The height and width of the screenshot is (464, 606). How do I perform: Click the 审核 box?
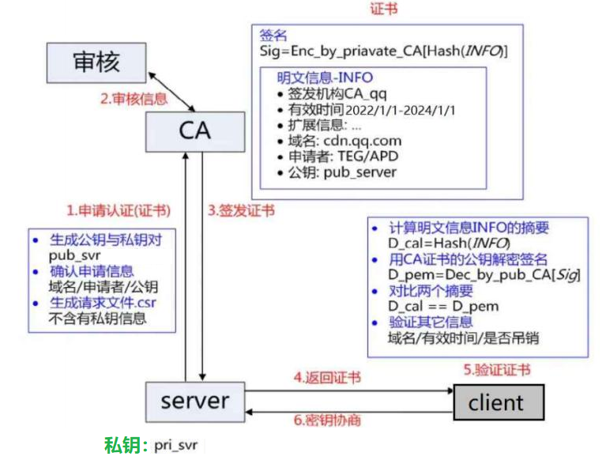click(x=96, y=62)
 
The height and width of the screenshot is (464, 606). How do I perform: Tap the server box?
click(x=194, y=401)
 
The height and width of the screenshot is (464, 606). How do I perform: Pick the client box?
click(x=497, y=402)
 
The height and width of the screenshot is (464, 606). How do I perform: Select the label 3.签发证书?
click(x=241, y=211)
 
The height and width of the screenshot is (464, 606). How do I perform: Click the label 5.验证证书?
click(x=496, y=369)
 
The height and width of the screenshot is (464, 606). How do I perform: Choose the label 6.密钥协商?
click(x=327, y=421)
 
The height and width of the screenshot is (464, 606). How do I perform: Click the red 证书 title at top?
click(x=384, y=9)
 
